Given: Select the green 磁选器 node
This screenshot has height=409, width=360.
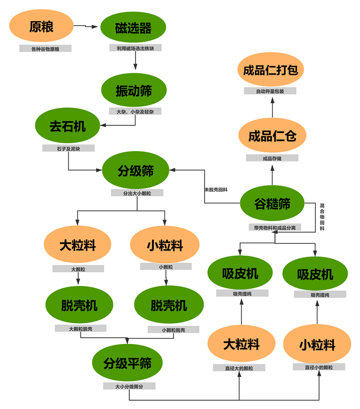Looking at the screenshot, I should (x=133, y=28).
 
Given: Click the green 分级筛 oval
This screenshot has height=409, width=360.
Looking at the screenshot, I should (x=136, y=171).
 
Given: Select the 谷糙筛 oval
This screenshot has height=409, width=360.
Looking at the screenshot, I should (x=272, y=204).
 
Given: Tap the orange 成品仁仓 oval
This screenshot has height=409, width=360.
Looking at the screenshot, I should (x=272, y=136).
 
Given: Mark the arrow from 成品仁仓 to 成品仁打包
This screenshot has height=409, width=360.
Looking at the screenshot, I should (x=272, y=106).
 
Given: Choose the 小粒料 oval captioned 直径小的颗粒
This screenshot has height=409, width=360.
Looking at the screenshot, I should (x=317, y=345).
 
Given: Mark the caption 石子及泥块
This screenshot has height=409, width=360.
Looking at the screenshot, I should (x=68, y=148).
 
